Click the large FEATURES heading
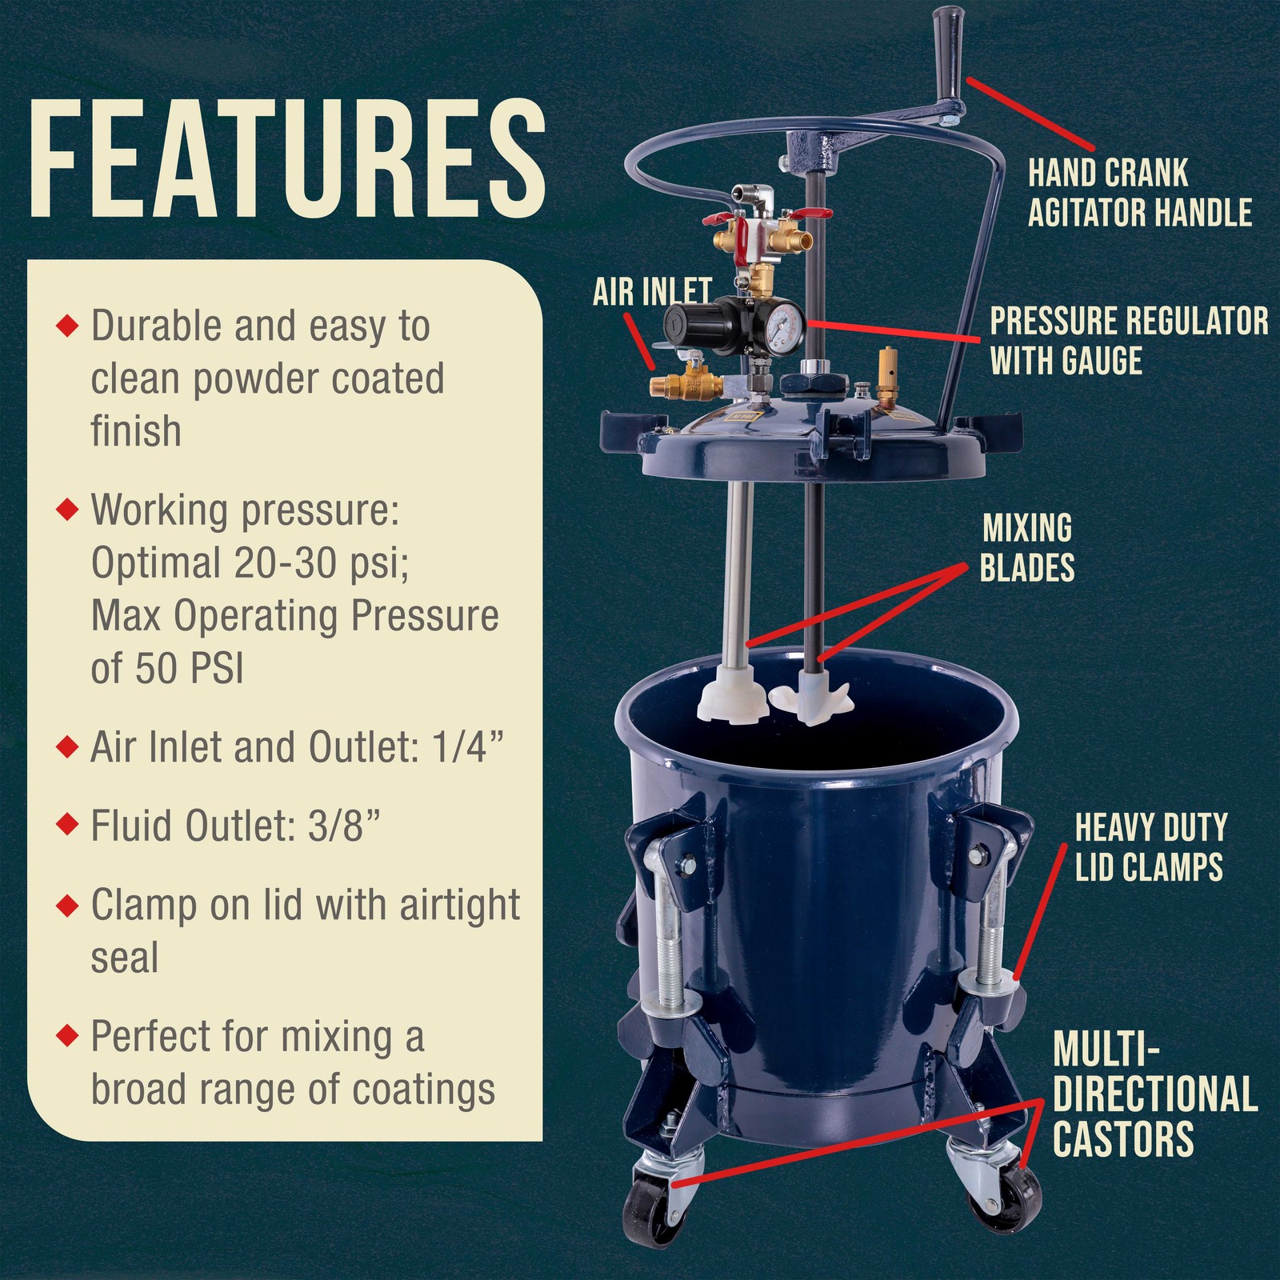pyautogui.click(x=289, y=160)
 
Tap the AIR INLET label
pyautogui.click(x=652, y=292)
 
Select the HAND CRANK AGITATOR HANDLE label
pyautogui.click(x=1139, y=194)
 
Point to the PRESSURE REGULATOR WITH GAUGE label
pyautogui.click(x=1129, y=341)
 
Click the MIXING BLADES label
pyautogui.click(x=1027, y=548)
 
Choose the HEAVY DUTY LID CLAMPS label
pyautogui.click(x=1150, y=847)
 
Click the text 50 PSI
pyautogui.click(x=189, y=669)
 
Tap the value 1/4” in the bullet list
pyautogui.click(x=467, y=747)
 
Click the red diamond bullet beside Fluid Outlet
pyautogui.click(x=68, y=825)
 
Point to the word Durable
pyautogui.click(x=156, y=326)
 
